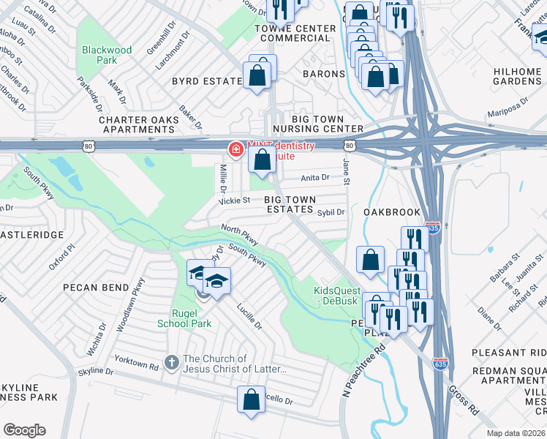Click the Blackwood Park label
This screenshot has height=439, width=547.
[x=107, y=56]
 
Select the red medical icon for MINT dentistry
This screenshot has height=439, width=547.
[x=236, y=151]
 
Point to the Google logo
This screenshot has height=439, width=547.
[x=24, y=429]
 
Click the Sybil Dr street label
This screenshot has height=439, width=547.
[x=331, y=212]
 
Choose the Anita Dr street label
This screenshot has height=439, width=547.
[x=315, y=177]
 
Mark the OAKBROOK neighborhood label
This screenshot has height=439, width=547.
[x=392, y=212]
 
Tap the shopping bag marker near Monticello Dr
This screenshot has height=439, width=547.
[x=251, y=399]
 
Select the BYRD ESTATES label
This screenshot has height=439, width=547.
[x=207, y=81]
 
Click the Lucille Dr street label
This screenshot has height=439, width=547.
[x=249, y=316]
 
